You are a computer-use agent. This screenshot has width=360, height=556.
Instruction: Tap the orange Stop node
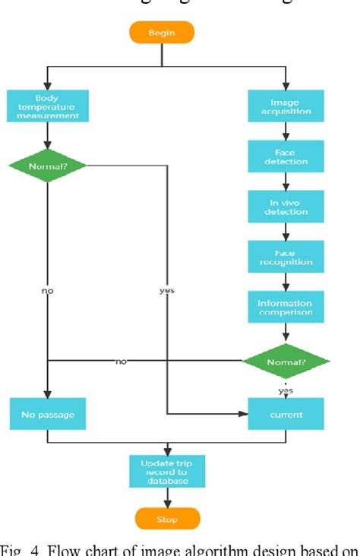(x=167, y=520)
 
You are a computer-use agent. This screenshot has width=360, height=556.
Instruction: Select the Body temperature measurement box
(x=48, y=107)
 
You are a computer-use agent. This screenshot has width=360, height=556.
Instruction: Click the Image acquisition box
(x=286, y=107)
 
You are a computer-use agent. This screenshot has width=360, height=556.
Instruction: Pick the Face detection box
(x=286, y=156)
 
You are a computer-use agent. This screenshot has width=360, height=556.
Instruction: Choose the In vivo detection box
(x=286, y=206)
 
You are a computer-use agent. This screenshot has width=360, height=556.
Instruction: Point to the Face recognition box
(x=286, y=256)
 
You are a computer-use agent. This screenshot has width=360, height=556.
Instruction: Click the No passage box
(x=48, y=415)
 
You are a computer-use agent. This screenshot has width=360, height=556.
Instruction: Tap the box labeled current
(x=286, y=415)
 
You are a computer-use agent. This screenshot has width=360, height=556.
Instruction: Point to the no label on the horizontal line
(x=121, y=362)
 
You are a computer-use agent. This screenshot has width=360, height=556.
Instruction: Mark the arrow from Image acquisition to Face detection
(x=286, y=131)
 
